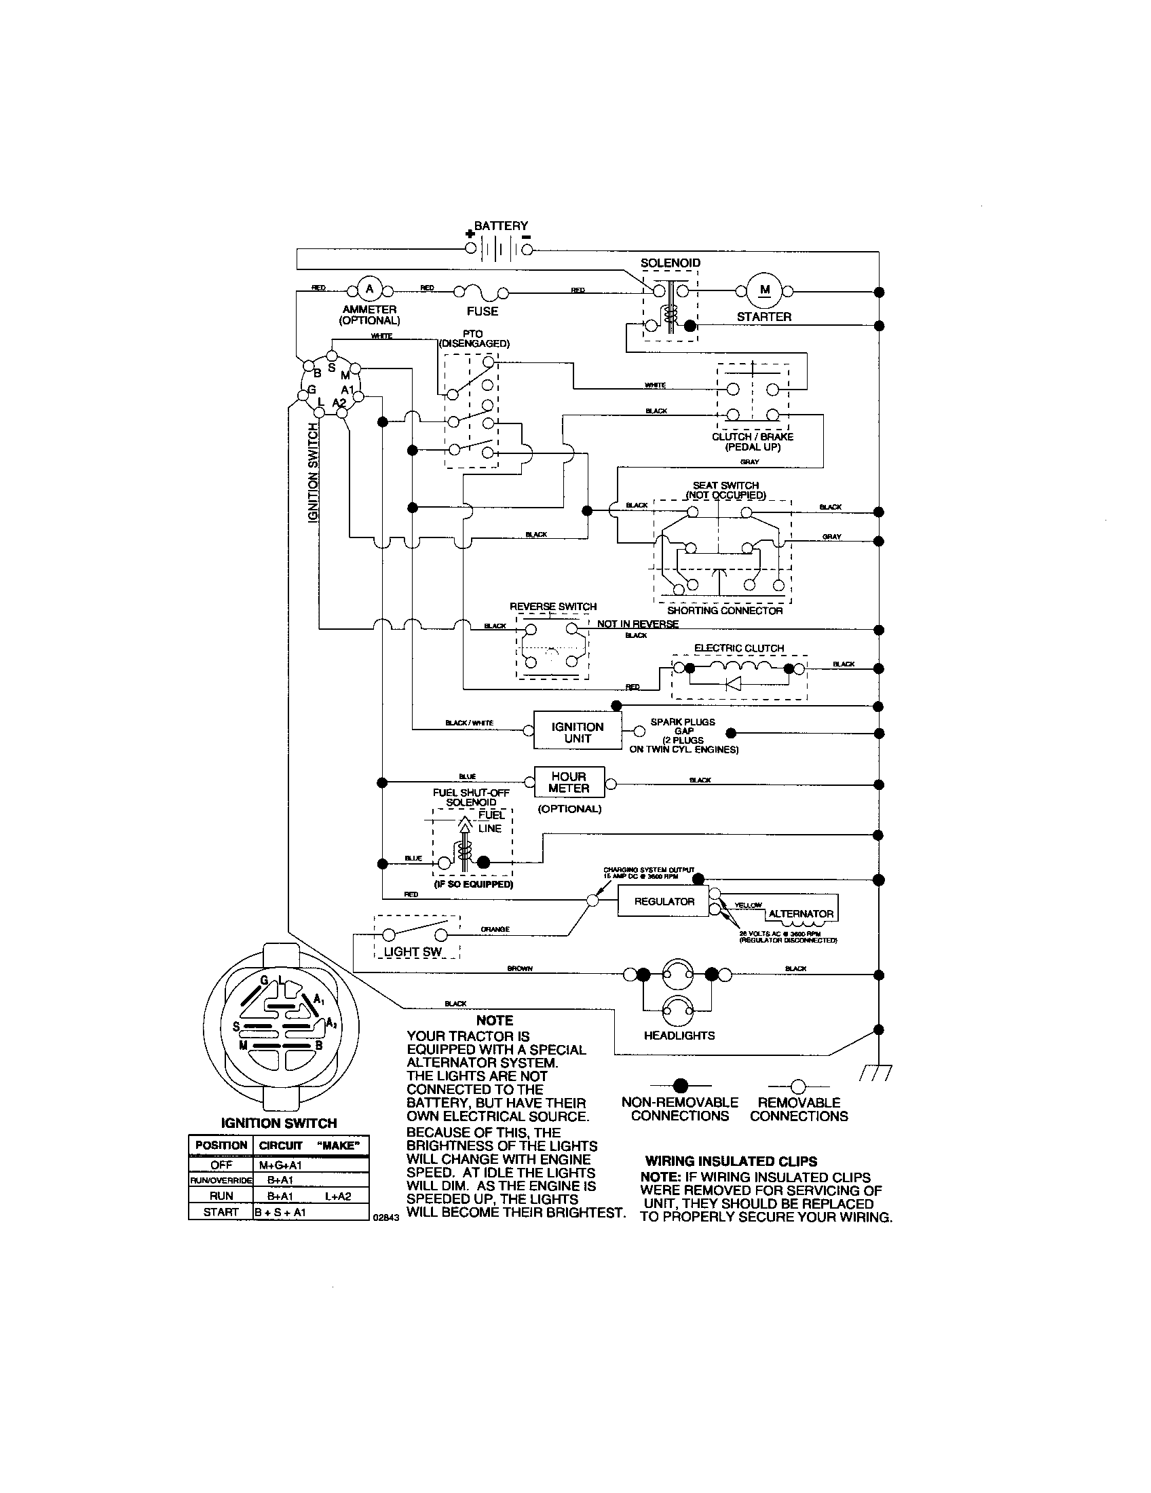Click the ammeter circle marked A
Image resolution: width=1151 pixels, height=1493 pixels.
[370, 289]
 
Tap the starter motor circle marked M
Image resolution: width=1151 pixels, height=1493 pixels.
[764, 290]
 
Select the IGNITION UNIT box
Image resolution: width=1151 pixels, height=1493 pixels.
[578, 732]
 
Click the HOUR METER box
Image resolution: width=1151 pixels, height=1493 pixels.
[569, 782]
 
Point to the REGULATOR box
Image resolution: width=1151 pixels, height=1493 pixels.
[664, 902]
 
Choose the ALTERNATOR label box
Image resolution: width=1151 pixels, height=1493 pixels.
[800, 913]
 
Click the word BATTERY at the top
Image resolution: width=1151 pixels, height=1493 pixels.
[501, 225]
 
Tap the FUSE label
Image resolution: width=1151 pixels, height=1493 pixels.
[483, 311]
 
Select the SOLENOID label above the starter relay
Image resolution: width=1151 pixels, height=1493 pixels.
[670, 263]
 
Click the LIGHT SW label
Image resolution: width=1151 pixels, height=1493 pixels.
[413, 951]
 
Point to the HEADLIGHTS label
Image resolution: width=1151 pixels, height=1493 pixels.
[679, 1036]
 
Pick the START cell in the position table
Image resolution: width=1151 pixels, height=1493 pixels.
[221, 1212]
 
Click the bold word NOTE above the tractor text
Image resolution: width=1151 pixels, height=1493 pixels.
[494, 1021]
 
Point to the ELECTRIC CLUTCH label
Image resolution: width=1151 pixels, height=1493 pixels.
[739, 648]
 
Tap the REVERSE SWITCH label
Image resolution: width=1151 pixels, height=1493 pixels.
[553, 606]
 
